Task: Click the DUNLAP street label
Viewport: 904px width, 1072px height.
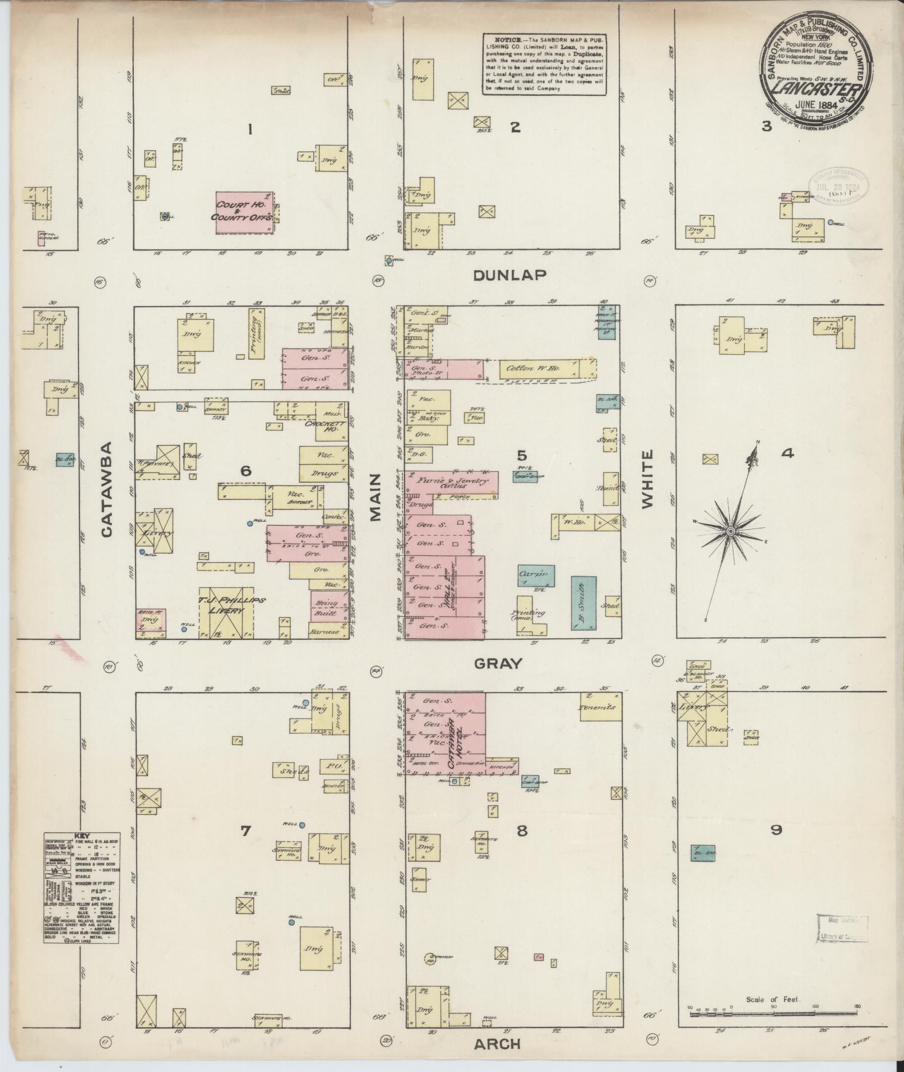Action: (509, 275)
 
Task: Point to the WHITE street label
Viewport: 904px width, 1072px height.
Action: (648, 479)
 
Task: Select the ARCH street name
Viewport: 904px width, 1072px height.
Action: (498, 1044)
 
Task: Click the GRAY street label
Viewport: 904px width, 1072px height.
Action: (498, 664)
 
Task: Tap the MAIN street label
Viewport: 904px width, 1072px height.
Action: (375, 496)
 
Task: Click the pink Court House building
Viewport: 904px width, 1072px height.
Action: (245, 213)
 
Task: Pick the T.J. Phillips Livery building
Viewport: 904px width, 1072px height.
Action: (227, 612)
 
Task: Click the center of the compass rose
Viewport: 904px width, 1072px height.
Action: (731, 530)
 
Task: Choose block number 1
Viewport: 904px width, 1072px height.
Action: (250, 130)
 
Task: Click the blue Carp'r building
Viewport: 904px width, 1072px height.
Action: (536, 576)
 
